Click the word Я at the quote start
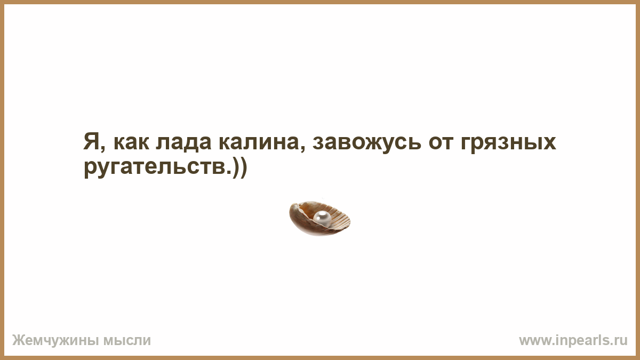(91, 142)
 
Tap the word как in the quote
(131, 143)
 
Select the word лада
(183, 143)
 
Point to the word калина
(259, 143)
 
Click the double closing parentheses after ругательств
(239, 168)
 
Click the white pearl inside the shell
(322, 218)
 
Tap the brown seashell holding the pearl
(319, 219)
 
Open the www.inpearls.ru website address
(573, 341)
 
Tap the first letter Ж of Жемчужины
(18, 340)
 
